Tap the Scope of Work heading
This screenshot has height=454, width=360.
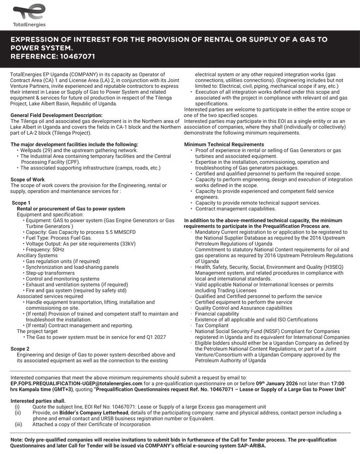coord(28,180)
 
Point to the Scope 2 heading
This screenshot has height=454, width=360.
coord(21,349)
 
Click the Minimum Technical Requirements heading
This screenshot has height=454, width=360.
coord(224,145)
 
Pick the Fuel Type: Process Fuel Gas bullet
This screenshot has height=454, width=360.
coord(59,238)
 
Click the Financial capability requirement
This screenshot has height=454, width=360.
coord(217,314)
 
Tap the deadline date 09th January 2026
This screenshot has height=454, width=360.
coord(279,383)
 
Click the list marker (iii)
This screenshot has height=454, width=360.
coord(18,425)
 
